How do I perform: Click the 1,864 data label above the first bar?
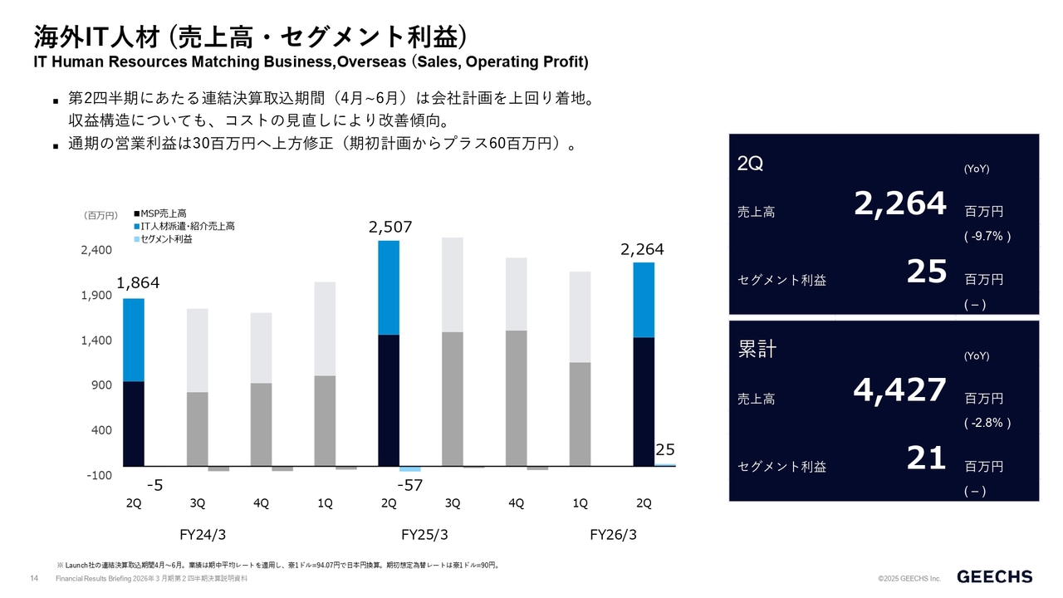[138, 283]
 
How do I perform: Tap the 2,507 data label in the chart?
[390, 227]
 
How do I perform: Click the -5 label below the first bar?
[154, 484]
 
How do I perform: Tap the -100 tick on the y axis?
[98, 475]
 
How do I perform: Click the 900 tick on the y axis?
[101, 385]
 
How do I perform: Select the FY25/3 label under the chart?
[425, 535]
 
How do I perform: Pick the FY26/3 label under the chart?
[614, 535]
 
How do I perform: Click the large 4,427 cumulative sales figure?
[900, 390]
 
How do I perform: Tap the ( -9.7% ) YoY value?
[987, 237]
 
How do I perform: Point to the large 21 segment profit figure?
[926, 458]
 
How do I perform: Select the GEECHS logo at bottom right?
[995, 576]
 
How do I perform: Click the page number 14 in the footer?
[34, 578]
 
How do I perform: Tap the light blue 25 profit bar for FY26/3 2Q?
[665, 465]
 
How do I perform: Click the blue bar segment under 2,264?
[644, 300]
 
